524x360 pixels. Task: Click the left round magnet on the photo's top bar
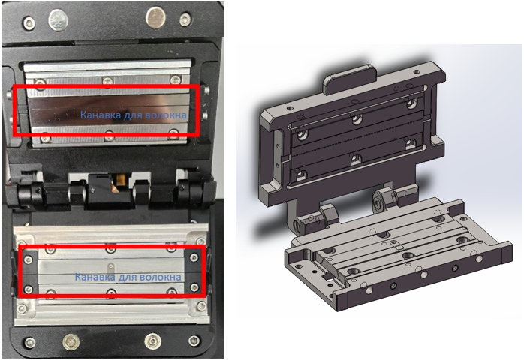[x=58, y=19]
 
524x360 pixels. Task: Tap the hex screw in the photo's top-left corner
[x=29, y=23]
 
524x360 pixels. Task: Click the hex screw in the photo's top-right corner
[x=185, y=19]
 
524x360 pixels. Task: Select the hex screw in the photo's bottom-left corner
[x=30, y=342]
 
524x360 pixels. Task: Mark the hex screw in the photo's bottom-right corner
[x=194, y=340]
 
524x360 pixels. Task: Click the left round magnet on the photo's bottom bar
[x=71, y=342]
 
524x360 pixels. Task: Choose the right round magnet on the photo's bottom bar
[x=152, y=341]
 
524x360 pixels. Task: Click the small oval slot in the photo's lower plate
[x=110, y=266]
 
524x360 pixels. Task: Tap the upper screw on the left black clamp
[x=29, y=259]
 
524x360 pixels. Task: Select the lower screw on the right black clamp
[x=194, y=286]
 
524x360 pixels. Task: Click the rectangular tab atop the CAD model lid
[x=350, y=79]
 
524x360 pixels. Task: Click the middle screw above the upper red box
[x=107, y=81]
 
